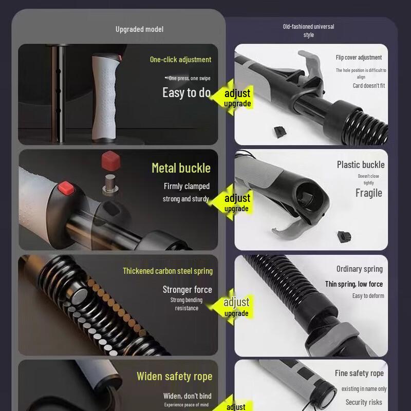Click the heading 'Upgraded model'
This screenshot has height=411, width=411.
(x=139, y=29)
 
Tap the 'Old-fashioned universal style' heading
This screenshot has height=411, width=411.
(x=308, y=30)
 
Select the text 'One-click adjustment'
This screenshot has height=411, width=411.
(x=180, y=60)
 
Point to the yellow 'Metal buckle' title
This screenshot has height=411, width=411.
(x=181, y=168)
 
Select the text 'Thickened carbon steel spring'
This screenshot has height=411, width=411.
(x=167, y=271)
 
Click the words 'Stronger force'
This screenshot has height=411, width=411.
(x=187, y=290)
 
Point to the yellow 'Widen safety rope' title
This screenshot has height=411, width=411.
(x=174, y=377)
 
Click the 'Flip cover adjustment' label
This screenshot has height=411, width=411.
(x=359, y=58)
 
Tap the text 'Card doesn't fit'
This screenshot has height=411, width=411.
(x=368, y=86)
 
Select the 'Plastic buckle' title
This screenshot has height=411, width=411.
(x=361, y=164)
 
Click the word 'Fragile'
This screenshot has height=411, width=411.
(x=368, y=193)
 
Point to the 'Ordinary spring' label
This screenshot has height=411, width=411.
(x=359, y=269)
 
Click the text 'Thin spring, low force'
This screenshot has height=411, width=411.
(x=353, y=284)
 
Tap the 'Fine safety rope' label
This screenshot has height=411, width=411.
(x=359, y=373)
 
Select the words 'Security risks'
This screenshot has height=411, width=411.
(x=364, y=402)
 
